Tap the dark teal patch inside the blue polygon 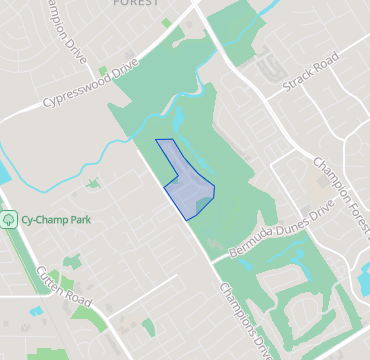pos(203,203)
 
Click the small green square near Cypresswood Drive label pos(103,72)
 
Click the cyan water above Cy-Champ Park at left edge pos(3,170)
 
